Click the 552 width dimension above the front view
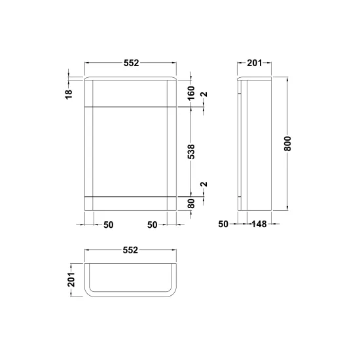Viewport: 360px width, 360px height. (132, 63)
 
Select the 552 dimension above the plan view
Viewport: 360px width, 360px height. (130, 250)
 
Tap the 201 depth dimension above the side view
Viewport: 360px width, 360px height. (255, 63)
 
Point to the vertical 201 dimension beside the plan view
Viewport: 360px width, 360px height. (71, 279)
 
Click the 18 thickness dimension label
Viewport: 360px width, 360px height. (69, 94)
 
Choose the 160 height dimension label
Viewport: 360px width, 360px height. (191, 93)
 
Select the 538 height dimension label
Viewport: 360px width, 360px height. (191, 152)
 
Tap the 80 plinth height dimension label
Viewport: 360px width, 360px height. (191, 204)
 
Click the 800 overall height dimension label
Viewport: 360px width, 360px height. (287, 144)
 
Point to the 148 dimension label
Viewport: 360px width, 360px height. (259, 224)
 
